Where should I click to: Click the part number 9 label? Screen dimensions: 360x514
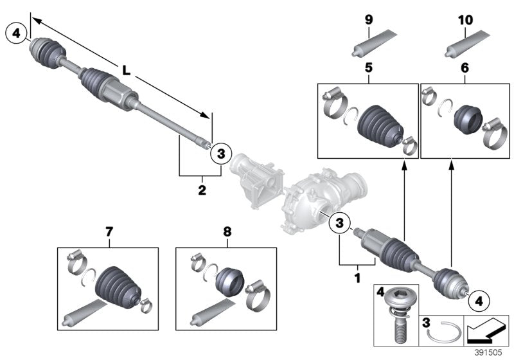[x=369, y=21]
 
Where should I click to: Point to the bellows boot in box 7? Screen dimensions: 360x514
[x=115, y=287]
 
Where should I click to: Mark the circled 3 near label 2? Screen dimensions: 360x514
[x=220, y=153]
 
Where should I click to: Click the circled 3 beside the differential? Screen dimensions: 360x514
[x=339, y=223]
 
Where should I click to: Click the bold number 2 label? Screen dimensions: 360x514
[x=202, y=190]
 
